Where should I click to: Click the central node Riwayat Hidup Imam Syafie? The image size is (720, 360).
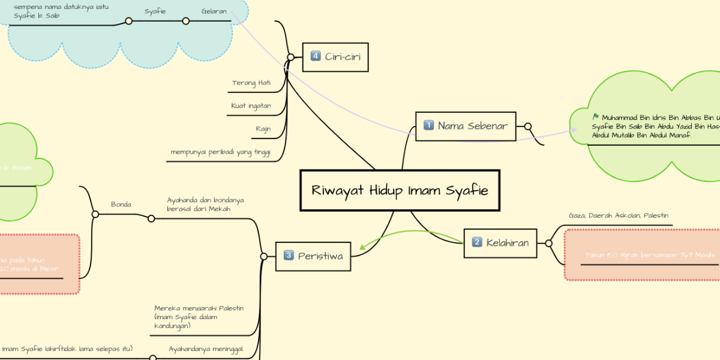point(400,191)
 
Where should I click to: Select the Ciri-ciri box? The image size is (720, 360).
point(335,57)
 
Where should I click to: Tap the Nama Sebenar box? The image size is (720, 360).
point(466,126)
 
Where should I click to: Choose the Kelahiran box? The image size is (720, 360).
point(500,243)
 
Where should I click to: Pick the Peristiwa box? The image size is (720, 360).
point(313,256)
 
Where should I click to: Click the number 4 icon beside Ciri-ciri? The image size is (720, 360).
point(316,57)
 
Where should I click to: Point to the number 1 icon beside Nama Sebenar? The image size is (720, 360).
point(428,126)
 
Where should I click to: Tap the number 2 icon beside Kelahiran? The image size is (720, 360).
point(477,243)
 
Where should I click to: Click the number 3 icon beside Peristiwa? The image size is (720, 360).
point(288,256)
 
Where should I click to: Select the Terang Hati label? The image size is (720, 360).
point(251,83)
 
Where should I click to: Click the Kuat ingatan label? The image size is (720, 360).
point(251,106)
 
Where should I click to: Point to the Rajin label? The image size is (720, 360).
point(263,128)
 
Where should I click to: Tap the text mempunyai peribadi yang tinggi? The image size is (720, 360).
point(220,152)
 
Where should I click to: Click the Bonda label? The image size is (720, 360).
point(121,205)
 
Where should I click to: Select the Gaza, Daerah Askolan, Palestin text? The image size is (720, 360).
point(618,215)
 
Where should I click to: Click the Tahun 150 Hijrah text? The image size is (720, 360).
point(641,255)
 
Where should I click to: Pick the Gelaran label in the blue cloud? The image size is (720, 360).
point(214,11)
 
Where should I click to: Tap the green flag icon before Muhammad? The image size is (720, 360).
point(595,116)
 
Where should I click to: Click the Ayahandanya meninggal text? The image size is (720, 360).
point(206,349)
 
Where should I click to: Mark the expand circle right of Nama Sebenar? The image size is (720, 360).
point(528,126)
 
